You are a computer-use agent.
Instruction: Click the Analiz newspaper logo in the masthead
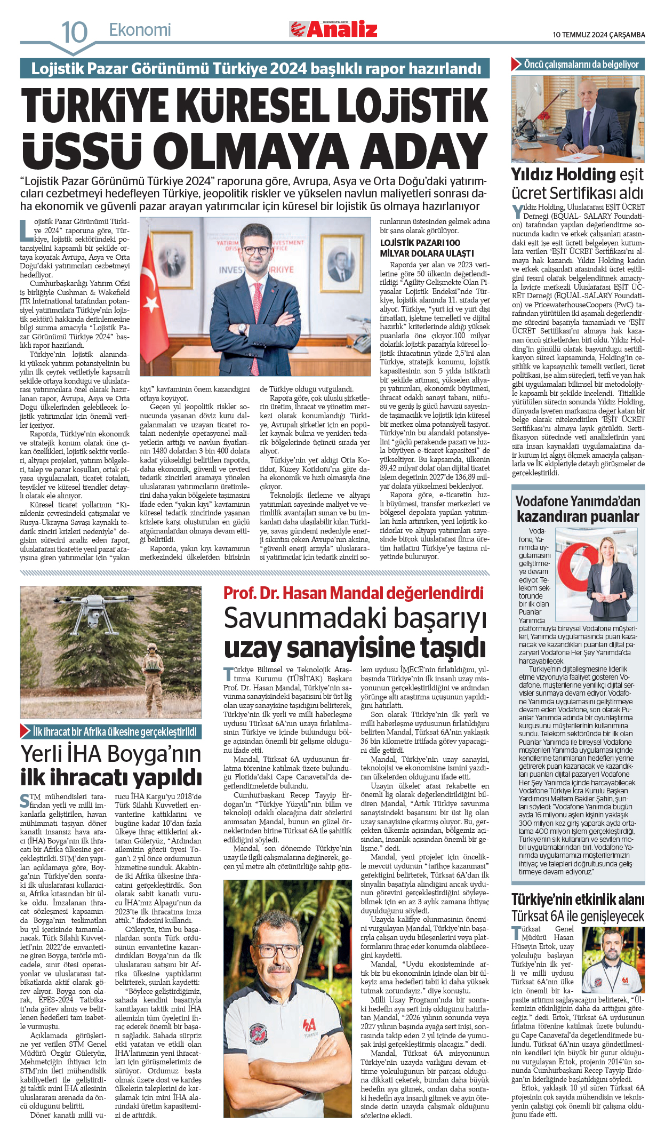click(333, 29)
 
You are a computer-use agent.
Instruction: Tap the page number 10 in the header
click(74, 33)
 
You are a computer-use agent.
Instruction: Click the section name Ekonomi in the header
click(140, 30)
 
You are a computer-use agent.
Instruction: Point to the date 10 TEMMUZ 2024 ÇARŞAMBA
click(598, 35)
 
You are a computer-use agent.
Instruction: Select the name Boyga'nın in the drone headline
click(154, 754)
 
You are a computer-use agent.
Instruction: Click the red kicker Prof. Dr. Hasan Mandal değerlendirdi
click(353, 593)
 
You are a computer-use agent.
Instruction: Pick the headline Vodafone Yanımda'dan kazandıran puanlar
click(578, 509)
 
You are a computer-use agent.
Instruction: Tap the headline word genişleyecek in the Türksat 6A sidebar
click(607, 916)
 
